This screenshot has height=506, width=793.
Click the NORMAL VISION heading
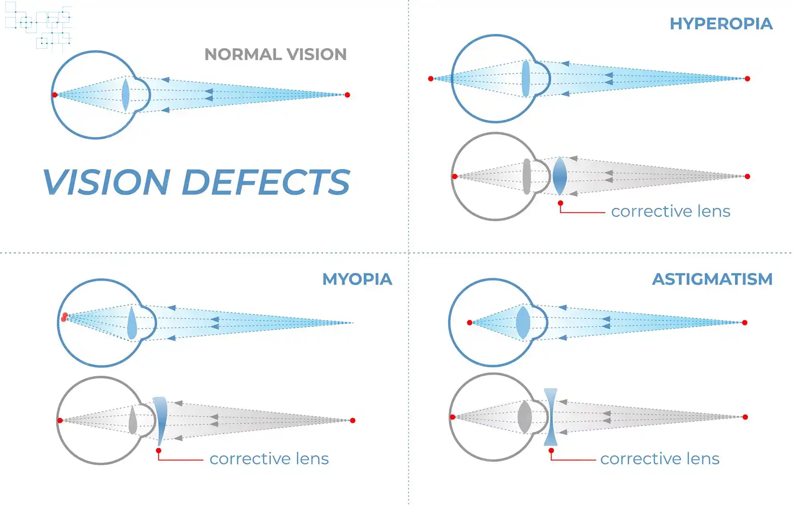(275, 55)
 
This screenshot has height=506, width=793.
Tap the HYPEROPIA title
(720, 24)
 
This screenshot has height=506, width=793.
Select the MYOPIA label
(357, 279)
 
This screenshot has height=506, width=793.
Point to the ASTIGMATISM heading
(712, 279)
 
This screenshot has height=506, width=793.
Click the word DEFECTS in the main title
(266, 183)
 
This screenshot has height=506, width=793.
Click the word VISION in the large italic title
(106, 183)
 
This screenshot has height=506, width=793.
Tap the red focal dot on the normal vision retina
(54, 95)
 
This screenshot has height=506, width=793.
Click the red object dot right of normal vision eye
(347, 95)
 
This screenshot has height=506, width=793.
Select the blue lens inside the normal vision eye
(125, 95)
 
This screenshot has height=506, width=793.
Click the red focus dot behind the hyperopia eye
(431, 78)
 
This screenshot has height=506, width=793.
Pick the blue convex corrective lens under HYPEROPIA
(559, 176)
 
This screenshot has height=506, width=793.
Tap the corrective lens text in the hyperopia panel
(671, 211)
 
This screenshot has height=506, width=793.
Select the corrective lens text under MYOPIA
(269, 459)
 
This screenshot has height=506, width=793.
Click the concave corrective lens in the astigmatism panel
(551, 417)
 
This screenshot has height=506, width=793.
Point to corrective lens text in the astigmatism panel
(660, 459)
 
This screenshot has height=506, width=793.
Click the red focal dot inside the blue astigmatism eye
(470, 323)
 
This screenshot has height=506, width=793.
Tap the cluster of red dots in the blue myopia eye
(64, 317)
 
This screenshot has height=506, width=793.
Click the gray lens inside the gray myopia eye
(133, 420)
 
